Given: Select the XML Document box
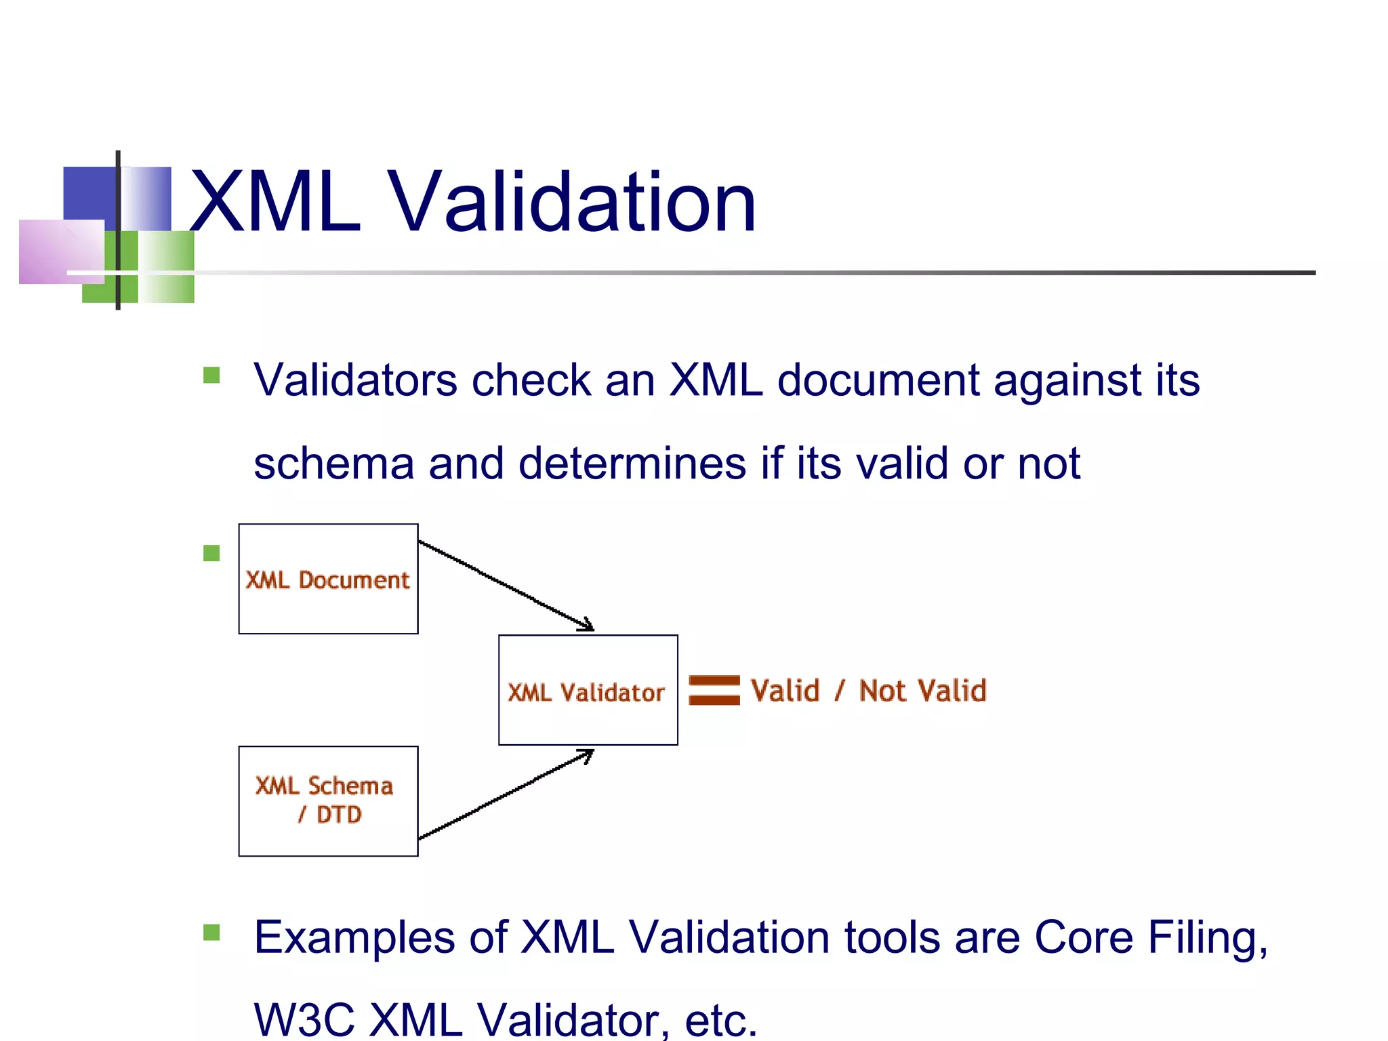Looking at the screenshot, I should point(328,579).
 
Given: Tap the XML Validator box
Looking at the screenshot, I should point(588,691).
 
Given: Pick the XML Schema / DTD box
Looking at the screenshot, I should point(328,801).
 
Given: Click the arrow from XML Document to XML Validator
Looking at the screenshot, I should point(506,585).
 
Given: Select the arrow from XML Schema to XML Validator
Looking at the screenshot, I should point(506,795).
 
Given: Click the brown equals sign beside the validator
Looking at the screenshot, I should point(714,690).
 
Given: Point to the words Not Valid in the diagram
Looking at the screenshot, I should point(922,691).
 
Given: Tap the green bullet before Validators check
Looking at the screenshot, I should point(211,375).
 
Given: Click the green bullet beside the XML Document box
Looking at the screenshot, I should point(211,554).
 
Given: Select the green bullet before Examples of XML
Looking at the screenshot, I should point(211,933).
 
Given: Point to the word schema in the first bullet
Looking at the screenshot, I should point(333,464).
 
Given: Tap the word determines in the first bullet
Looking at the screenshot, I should point(632,464).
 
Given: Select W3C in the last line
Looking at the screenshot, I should point(304,1020).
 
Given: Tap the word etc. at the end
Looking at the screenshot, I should point(720,1020).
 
